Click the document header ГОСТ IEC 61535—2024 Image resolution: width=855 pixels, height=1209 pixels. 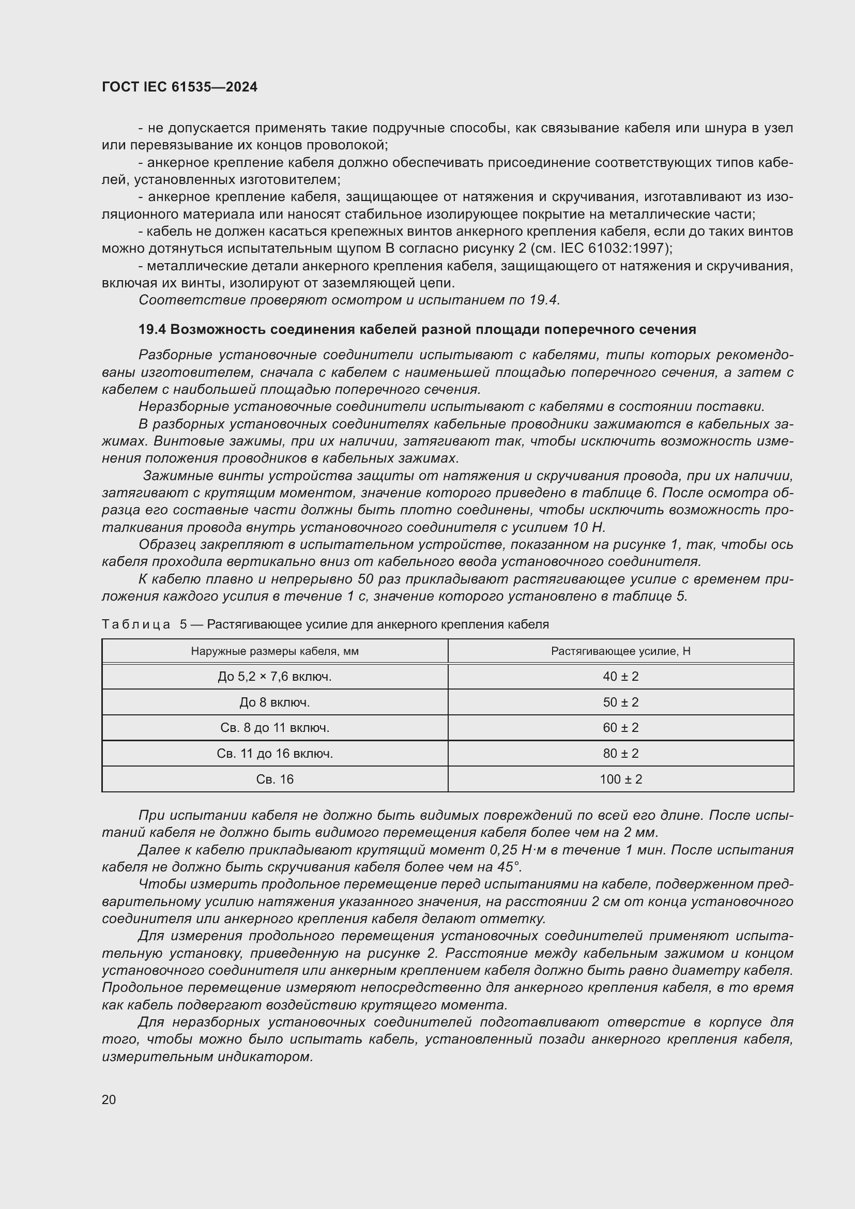[x=179, y=87]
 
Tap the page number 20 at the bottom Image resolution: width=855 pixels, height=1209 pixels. [x=109, y=1099]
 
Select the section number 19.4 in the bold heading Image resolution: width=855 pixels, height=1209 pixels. [x=152, y=330]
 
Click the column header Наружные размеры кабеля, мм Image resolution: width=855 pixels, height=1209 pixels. [x=274, y=651]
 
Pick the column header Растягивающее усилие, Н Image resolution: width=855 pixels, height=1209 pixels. [x=620, y=651]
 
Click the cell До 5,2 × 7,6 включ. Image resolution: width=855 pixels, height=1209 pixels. [x=274, y=677]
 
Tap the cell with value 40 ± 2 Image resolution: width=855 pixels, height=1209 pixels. [x=620, y=677]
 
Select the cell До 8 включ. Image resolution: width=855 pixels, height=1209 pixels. [x=274, y=702]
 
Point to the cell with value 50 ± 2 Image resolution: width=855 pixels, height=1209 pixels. [x=620, y=702]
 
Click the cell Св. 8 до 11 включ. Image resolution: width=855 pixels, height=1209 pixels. [x=274, y=728]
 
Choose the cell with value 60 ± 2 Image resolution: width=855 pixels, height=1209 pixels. [x=620, y=728]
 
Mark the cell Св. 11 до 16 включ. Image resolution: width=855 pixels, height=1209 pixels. [x=274, y=754]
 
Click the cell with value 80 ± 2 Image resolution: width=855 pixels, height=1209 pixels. [x=620, y=754]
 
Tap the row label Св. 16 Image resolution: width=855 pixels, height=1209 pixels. [x=274, y=779]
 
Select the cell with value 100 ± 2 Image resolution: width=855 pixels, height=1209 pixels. [x=620, y=779]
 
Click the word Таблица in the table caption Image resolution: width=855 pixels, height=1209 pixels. [x=136, y=624]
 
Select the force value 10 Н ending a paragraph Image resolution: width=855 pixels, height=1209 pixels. [x=589, y=528]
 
